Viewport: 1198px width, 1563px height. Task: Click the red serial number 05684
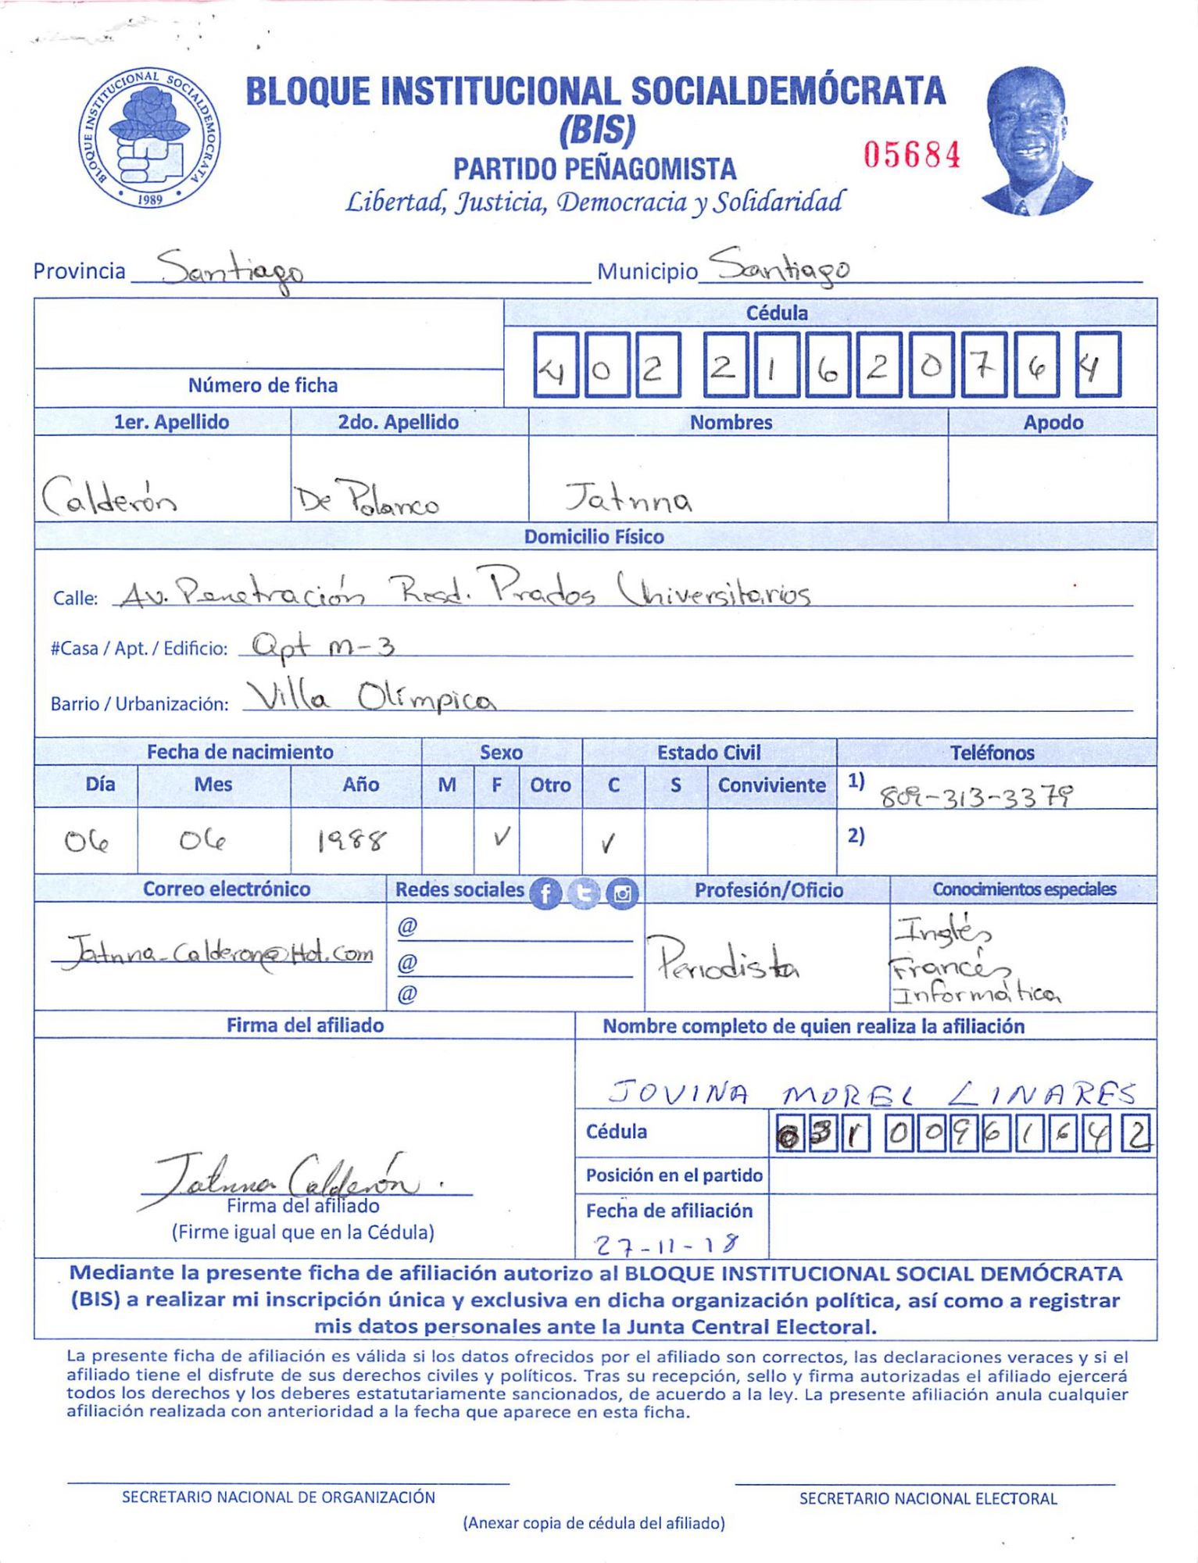pos(911,155)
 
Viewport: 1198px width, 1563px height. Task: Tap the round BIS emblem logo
pos(149,138)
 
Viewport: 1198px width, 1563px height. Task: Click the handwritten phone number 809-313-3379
pos(976,796)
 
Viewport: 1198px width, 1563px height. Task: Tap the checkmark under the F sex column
pos(501,838)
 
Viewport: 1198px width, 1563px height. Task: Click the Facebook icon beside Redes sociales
pos(545,892)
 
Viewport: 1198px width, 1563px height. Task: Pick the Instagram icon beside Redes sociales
pos(622,892)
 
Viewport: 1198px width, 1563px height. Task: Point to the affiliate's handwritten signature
pos(289,1176)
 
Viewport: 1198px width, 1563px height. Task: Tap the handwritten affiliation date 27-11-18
pos(666,1243)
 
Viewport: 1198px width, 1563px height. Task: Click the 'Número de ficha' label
pos(263,385)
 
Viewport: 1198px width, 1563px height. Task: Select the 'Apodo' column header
pos(1053,423)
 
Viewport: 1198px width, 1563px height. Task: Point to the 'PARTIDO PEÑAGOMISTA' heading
pos(595,170)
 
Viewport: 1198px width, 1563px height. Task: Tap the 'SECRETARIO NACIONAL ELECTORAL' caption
pos(928,1498)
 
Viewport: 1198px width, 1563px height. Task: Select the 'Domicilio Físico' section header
pos(594,537)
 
